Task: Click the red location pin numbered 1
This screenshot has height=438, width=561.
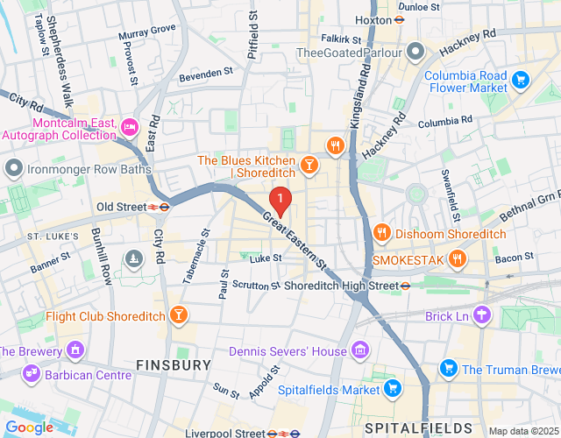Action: click(x=280, y=201)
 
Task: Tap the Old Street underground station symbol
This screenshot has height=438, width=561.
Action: click(x=164, y=207)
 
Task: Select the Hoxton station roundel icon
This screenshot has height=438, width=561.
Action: click(x=399, y=19)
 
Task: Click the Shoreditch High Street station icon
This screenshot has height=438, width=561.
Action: click(x=405, y=286)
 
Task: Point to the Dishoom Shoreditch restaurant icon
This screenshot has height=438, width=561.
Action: click(x=381, y=232)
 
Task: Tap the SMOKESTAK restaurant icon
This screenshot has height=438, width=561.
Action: click(x=457, y=258)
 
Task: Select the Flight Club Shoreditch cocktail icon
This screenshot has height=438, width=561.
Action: click(x=179, y=315)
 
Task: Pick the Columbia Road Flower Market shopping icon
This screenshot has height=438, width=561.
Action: click(x=521, y=81)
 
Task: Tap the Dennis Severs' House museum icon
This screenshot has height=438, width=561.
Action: click(x=358, y=351)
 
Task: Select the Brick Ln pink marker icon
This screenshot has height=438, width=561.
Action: click(x=481, y=314)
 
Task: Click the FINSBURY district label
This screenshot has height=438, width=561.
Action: click(x=173, y=364)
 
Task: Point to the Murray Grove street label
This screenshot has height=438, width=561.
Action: click(x=147, y=30)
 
